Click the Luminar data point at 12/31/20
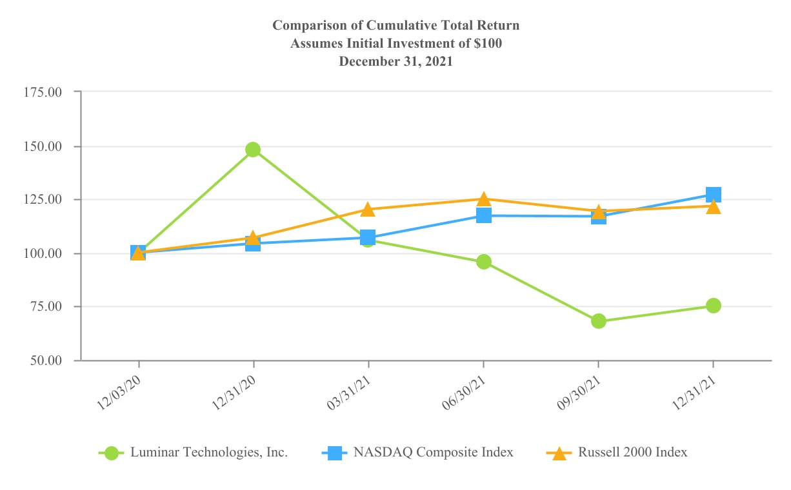[253, 150]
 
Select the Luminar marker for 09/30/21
[598, 321]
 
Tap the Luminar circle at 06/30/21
[483, 262]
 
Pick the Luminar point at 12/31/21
[713, 306]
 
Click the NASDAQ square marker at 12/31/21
[713, 195]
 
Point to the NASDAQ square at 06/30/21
[483, 215]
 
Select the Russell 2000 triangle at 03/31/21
[368, 209]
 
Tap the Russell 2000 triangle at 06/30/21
[483, 199]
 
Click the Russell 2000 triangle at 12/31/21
[713, 206]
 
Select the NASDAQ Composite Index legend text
[433, 453]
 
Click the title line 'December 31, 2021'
[395, 62]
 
